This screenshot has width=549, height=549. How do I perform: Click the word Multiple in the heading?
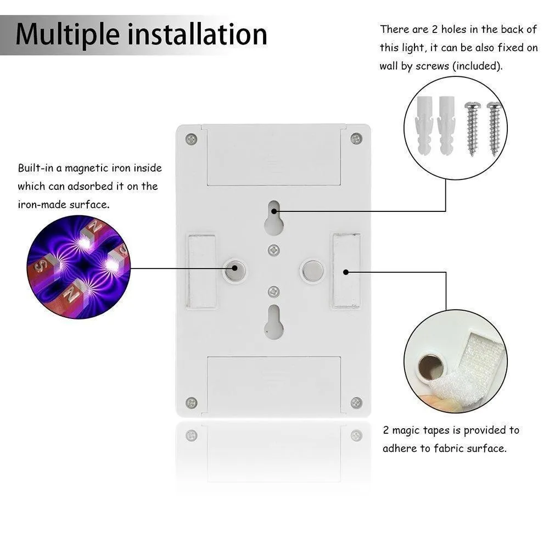pyautogui.click(x=68, y=35)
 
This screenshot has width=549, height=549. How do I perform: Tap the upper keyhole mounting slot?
pyautogui.click(x=274, y=217)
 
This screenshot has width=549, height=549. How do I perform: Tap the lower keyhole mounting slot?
pyautogui.click(x=274, y=321)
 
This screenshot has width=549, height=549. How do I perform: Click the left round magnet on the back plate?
pyautogui.click(x=234, y=270)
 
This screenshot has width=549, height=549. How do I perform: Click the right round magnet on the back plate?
pyautogui.click(x=312, y=270)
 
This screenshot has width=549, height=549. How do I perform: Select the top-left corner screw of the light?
pyautogui.click(x=191, y=139)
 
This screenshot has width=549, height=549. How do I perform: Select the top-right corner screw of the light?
pyautogui.click(x=356, y=138)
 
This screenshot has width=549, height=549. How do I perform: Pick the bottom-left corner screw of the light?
pyautogui.click(x=191, y=402)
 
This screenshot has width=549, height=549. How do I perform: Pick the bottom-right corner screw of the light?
pyautogui.click(x=356, y=402)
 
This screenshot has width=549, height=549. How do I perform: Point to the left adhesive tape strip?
pyautogui.click(x=201, y=271)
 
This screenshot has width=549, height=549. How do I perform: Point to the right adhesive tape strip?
pyautogui.click(x=346, y=271)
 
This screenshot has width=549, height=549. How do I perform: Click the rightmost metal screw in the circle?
pyautogui.click(x=495, y=128)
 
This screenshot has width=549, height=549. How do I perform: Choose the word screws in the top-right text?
pyautogui.click(x=432, y=66)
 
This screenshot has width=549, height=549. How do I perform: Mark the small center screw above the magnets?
pyautogui.click(x=274, y=250)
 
